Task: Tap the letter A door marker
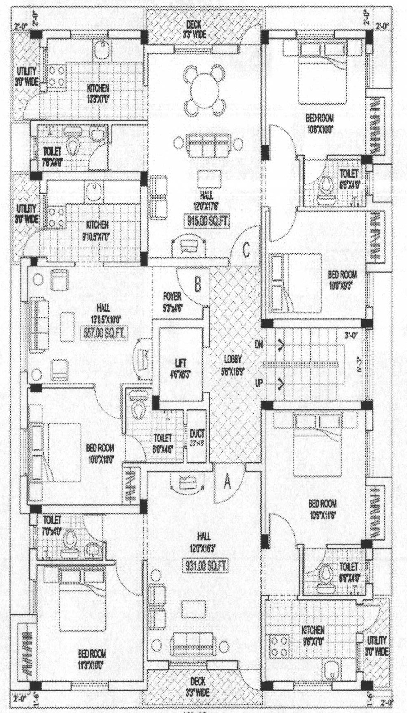(228, 482)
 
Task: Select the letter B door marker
(197, 284)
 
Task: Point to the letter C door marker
(246, 249)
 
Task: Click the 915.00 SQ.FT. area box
(207, 221)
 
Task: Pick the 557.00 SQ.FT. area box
(103, 332)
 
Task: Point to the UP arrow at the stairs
(280, 383)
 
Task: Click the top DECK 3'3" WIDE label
(194, 29)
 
